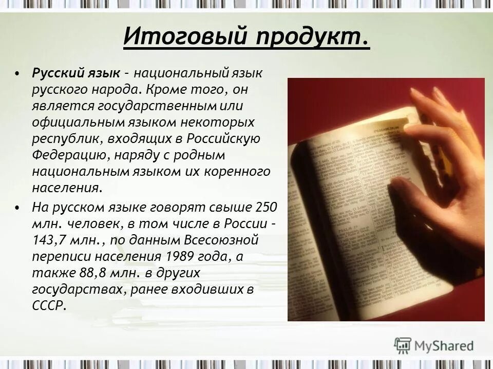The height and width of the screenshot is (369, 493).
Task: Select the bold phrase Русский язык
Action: tap(77, 73)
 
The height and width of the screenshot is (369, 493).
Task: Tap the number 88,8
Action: tap(85, 273)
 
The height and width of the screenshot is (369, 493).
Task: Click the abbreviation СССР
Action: tap(49, 305)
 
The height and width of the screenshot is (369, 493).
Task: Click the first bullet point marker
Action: tap(18, 73)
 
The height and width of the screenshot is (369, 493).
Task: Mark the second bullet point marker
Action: tap(18, 208)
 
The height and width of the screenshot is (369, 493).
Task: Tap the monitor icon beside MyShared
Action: tap(403, 345)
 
